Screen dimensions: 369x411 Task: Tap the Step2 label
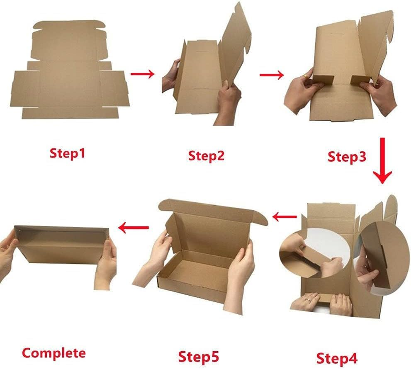pos(206,156)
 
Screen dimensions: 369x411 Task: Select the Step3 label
pos(347,157)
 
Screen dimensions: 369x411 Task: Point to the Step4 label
pos(337,357)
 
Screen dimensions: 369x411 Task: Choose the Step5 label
pos(198,356)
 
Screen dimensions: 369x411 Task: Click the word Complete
pos(54,353)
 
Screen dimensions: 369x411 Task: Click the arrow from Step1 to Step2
pos(142,74)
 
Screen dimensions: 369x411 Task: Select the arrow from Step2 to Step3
pos(272,75)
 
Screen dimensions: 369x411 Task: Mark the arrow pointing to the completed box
pos(134,227)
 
